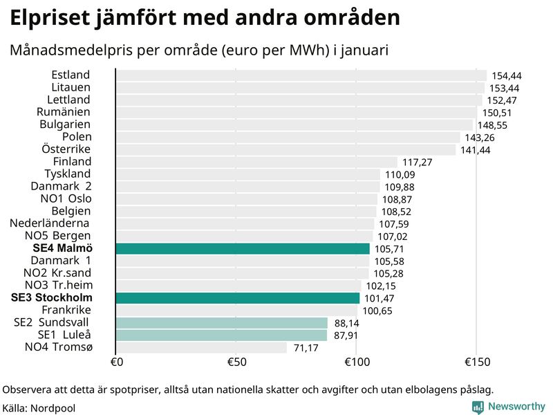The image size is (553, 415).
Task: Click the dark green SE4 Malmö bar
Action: click(x=242, y=248)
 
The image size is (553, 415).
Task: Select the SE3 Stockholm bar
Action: click(x=237, y=298)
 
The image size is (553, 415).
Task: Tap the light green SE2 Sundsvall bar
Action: click(x=221, y=323)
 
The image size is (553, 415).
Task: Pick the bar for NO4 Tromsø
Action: click(x=200, y=347)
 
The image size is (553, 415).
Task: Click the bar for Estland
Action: click(x=301, y=75)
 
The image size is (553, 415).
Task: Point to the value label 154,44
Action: click(x=506, y=75)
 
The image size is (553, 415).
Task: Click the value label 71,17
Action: click(x=306, y=348)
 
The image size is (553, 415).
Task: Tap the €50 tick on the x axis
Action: click(x=236, y=362)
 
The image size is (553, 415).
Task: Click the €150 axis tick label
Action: click(x=476, y=362)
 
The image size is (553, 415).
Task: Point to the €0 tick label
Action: click(x=116, y=362)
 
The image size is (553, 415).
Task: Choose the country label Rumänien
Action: click(x=64, y=112)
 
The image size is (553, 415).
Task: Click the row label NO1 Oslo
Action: click(x=66, y=199)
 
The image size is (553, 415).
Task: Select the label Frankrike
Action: click(x=66, y=310)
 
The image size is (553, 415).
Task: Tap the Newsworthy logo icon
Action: click(x=478, y=407)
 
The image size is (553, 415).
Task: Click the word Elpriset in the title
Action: click(x=50, y=18)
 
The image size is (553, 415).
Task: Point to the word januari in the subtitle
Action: click(x=366, y=50)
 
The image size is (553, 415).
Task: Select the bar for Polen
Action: click(x=287, y=137)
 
